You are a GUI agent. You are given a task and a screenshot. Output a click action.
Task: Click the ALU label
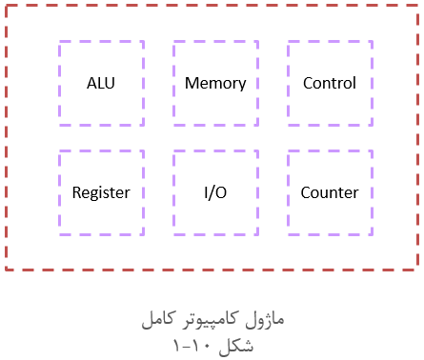pos(101,83)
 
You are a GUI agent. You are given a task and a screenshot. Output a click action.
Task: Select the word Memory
pos(215,83)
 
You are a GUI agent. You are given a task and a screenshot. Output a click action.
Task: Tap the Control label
pos(330,83)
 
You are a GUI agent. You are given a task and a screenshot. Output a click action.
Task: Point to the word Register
pos(101,192)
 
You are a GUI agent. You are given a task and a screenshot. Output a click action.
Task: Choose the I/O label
pos(215,192)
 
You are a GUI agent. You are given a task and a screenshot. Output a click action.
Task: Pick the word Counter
pos(330,192)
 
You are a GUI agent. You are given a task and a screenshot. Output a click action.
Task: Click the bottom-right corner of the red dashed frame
pos(418,270)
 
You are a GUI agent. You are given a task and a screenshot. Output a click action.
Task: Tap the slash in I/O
pos(215,192)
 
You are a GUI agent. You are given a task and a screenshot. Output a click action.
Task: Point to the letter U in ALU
pos(111,83)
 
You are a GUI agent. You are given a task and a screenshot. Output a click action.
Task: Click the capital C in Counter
pos(306,192)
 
